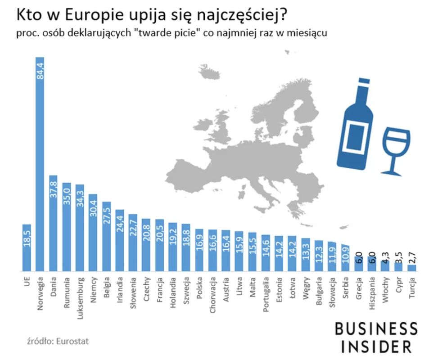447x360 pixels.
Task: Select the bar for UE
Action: [x=27, y=247]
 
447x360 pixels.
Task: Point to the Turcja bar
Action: [x=412, y=268]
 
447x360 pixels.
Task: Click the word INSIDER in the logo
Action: [x=376, y=346]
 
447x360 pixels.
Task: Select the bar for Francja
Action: [x=159, y=245]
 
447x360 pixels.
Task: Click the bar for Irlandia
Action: [x=120, y=241]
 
